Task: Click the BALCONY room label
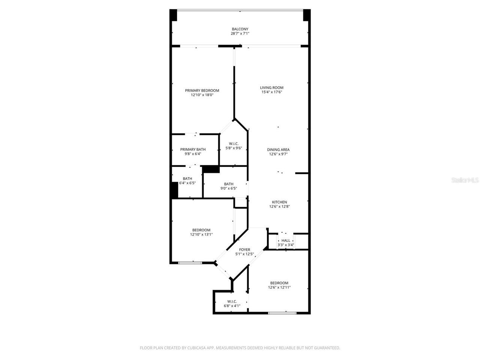pyautogui.click(x=240, y=29)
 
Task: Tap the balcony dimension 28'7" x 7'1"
pyautogui.click(x=240, y=34)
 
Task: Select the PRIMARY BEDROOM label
pyautogui.click(x=202, y=90)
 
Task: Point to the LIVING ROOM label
pyautogui.click(x=271, y=88)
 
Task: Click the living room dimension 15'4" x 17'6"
pyautogui.click(x=271, y=92)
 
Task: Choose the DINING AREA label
pyautogui.click(x=278, y=150)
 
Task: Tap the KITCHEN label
pyautogui.click(x=279, y=202)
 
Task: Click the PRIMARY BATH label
pyautogui.click(x=193, y=150)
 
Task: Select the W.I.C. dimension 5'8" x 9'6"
pyautogui.click(x=234, y=148)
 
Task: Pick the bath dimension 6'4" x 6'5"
pyautogui.click(x=187, y=183)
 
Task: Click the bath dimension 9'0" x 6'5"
pyautogui.click(x=228, y=188)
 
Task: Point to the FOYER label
pyautogui.click(x=244, y=250)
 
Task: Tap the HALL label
pyautogui.click(x=286, y=241)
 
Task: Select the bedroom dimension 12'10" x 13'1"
pyautogui.click(x=201, y=234)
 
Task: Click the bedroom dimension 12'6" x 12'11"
pyautogui.click(x=279, y=287)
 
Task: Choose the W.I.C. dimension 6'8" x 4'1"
pyautogui.click(x=232, y=306)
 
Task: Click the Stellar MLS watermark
pyautogui.click(x=465, y=180)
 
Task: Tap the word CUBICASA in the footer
pyautogui.click(x=196, y=348)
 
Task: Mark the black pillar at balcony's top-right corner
pyautogui.click(x=307, y=15)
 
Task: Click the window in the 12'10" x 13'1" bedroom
pyautogui.click(x=190, y=263)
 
